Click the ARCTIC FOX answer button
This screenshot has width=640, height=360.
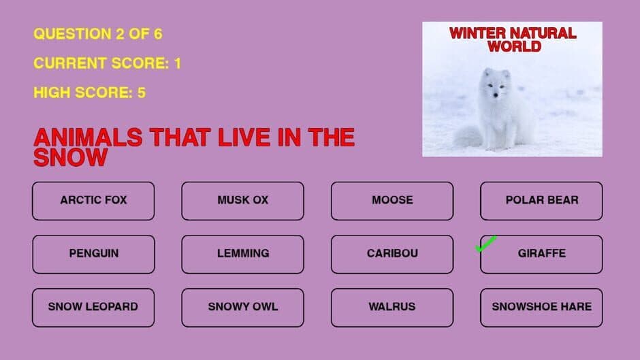(x=93, y=201)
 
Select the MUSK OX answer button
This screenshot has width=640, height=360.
(x=242, y=201)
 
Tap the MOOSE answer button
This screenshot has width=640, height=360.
(x=392, y=201)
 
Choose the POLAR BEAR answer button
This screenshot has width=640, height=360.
(x=541, y=201)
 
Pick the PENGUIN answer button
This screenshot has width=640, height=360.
(x=93, y=254)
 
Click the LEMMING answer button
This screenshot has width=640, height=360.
(x=242, y=254)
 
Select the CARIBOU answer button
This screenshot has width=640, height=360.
(x=392, y=254)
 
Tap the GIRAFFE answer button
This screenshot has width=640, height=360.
(x=541, y=254)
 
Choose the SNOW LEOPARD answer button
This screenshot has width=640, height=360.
(x=93, y=307)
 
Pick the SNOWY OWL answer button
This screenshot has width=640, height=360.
(x=242, y=307)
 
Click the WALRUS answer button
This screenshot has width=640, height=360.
(x=392, y=307)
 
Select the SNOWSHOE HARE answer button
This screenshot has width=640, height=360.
(x=541, y=307)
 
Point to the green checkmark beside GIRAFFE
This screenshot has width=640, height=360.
(x=485, y=244)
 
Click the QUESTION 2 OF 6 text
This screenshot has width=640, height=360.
(x=98, y=34)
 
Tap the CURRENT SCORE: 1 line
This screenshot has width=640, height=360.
(x=107, y=64)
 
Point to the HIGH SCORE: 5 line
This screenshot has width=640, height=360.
(x=89, y=93)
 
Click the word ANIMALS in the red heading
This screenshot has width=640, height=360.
(x=88, y=137)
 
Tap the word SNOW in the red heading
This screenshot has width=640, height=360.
(x=70, y=158)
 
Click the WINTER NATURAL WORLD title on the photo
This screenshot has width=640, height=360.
(x=513, y=39)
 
